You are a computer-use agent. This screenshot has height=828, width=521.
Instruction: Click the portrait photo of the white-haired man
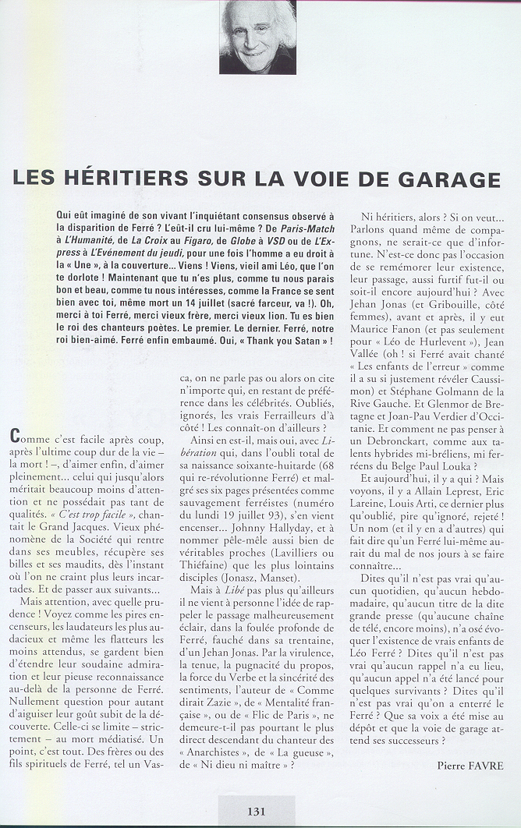257,37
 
